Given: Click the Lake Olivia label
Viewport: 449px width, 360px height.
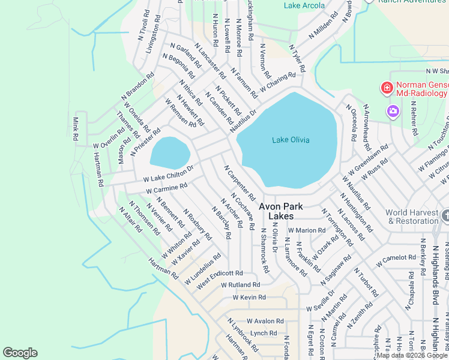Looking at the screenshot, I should [x=291, y=140].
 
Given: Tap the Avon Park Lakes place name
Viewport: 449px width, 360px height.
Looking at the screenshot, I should [x=281, y=211].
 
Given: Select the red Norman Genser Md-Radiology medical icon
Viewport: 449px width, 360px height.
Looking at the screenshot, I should [x=387, y=89].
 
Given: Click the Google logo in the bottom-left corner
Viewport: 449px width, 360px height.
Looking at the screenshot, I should [x=20, y=353].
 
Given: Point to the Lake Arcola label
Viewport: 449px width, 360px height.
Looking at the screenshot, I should [x=304, y=5].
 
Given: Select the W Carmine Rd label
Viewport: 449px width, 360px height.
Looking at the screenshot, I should [x=166, y=189].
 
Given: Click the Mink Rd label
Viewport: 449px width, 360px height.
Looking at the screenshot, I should [x=76, y=129].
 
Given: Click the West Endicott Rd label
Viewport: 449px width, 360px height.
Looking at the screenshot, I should [x=219, y=273].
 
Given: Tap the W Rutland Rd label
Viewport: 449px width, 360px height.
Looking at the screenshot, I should [x=240, y=284].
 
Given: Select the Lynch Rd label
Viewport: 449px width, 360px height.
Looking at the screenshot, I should [x=264, y=333].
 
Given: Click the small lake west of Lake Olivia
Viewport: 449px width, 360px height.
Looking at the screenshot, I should [x=169, y=152].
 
